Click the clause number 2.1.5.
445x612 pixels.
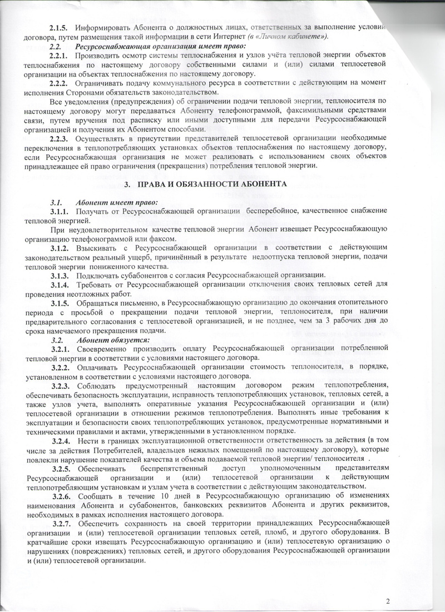point(60,28)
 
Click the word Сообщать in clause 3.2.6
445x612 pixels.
point(97,495)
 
